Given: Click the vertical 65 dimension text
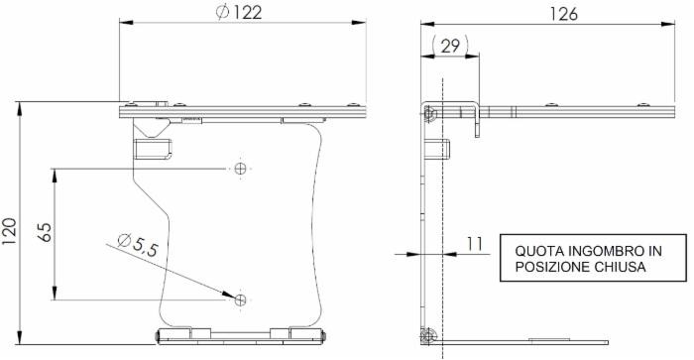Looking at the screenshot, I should pos(44,232).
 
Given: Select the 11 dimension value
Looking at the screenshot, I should pos(475,242).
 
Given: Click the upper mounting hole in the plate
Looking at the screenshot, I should pos(239,170).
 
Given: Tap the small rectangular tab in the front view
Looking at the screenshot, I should pos(153,150).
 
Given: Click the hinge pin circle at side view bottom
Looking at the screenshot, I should pos(427,336).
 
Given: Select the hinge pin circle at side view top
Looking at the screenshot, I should pos(428,114).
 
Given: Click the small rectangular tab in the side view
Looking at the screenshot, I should pos(437,151).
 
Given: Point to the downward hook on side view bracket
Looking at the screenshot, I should pos(477,126).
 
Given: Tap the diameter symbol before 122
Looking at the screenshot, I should pos(221,13).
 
